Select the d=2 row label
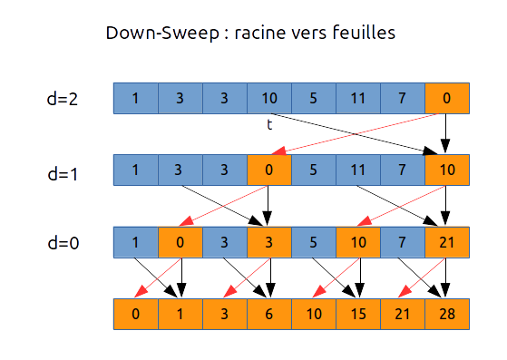pos(62,99)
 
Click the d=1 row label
pos(62,170)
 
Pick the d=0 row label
pos(62,242)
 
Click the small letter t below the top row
pos(269,124)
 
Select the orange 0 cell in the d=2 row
pos(446,99)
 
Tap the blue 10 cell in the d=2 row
pos(268,99)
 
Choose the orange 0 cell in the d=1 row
pos(268,170)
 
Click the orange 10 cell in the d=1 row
pos(446,170)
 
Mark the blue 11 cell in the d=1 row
pos(357,170)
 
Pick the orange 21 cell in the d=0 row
pos(446,242)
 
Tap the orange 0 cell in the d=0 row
pos(180,242)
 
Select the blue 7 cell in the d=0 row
pos(402,242)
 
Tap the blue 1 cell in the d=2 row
pos(135,99)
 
